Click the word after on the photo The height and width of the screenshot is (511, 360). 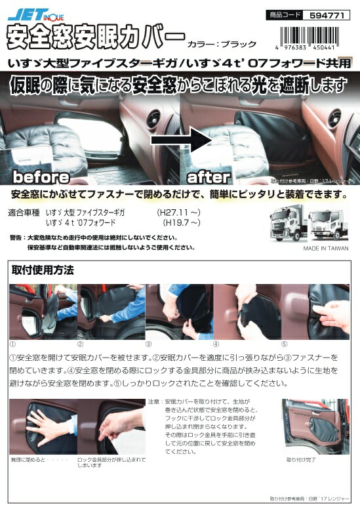coord(209,177)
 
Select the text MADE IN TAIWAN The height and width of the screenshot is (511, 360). coord(326,249)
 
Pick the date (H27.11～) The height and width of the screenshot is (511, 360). coord(175,213)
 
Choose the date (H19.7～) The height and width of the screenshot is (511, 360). coord(176,223)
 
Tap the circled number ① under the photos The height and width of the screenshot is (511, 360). coord(14,343)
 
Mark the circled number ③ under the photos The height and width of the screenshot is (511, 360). coord(148,343)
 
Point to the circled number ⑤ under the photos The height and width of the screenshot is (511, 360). coord(284,343)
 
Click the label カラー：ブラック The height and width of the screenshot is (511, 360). coord(222,44)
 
